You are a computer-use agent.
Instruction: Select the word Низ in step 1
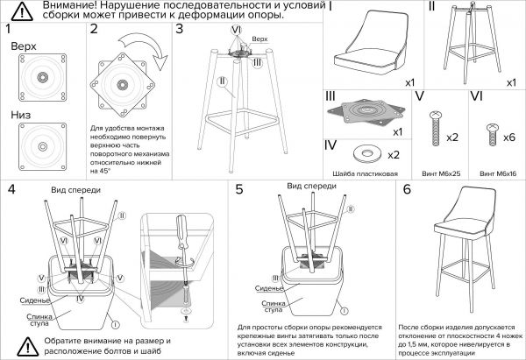(23, 116)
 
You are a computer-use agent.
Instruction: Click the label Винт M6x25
(441, 173)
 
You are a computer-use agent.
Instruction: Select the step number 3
(179, 28)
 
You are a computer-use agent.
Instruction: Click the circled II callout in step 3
(224, 82)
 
